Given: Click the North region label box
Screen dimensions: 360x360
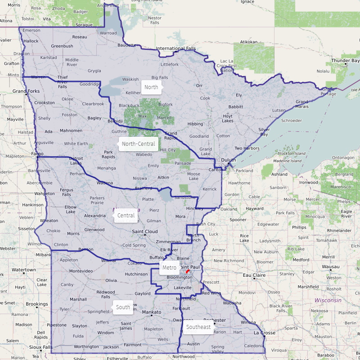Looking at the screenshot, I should click(151, 87).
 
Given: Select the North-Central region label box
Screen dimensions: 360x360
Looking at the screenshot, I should click(138, 144).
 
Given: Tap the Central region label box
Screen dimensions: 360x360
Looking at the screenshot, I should click(126, 216).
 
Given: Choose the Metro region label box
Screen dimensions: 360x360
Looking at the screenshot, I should click(169, 268).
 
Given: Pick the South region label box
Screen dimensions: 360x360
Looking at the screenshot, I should click(123, 307).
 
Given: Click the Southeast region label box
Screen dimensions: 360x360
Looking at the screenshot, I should click(198, 327).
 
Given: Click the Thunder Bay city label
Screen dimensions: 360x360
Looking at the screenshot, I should click(346, 60).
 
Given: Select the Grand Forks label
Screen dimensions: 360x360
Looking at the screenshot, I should click(26, 91).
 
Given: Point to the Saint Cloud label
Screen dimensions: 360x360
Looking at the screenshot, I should click(145, 232).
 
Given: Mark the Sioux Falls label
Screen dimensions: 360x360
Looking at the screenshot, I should click(40, 347).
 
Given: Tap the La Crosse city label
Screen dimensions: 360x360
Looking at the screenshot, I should click(264, 333).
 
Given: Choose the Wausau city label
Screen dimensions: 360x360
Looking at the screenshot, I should click(331, 266).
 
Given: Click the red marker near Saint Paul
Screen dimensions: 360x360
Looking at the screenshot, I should click(188, 272).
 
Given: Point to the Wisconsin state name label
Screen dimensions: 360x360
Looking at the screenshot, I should click(328, 300).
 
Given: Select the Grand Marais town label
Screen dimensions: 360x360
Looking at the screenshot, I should click(302, 104).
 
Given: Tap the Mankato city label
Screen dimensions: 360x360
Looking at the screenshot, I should click(152, 312).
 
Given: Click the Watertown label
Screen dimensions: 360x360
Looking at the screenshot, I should click(24, 270).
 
